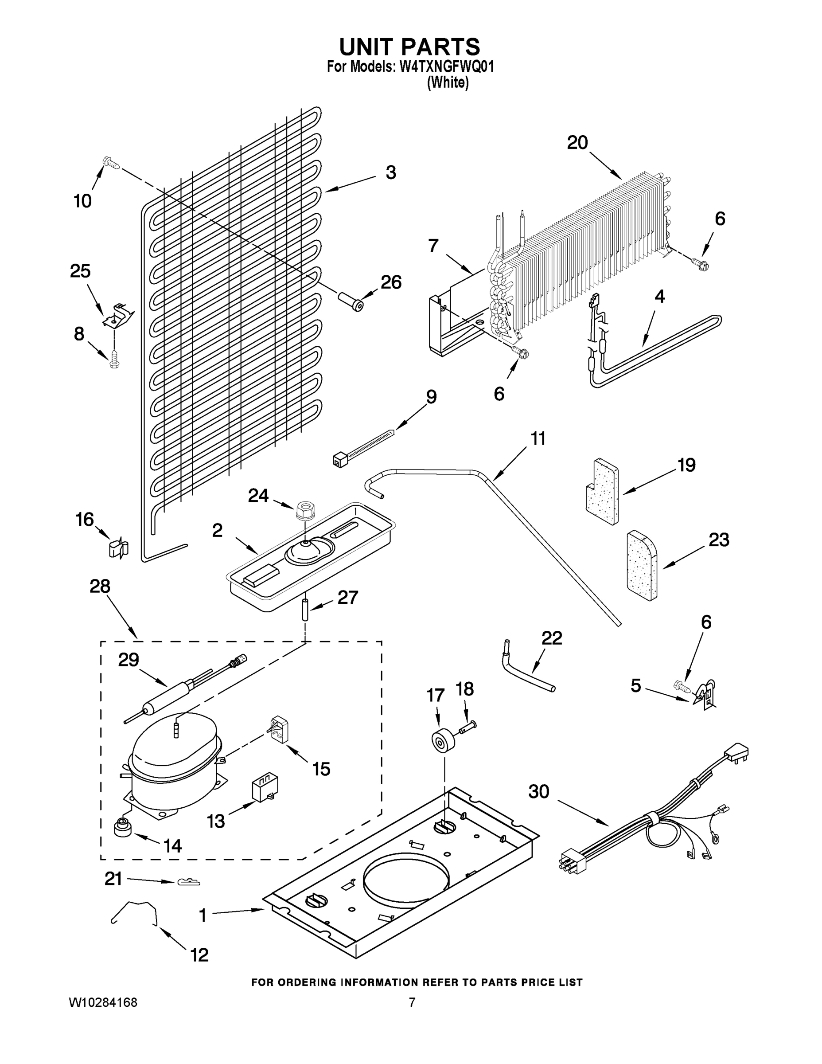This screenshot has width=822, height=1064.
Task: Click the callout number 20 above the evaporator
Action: pos(577,143)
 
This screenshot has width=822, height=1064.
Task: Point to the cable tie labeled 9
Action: pos(363,444)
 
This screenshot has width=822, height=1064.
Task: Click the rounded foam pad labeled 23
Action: pos(641,565)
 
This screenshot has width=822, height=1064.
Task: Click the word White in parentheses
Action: pos(448,83)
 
